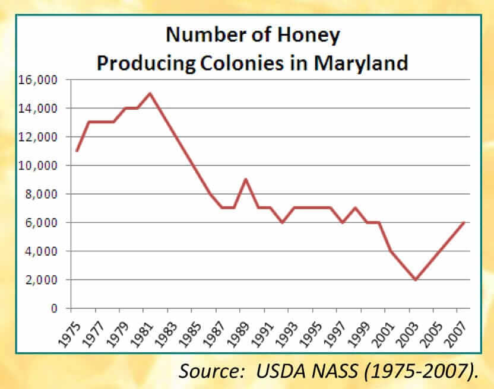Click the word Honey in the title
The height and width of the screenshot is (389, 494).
click(x=311, y=35)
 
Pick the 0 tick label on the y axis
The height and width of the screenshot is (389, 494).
click(x=53, y=308)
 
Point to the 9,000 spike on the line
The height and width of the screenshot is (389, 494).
click(x=246, y=180)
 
